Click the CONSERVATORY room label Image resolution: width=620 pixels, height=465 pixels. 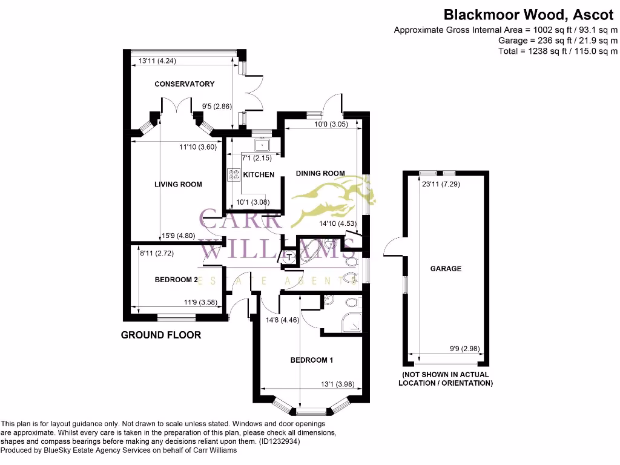(184, 84)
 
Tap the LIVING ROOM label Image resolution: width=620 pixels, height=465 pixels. (178, 184)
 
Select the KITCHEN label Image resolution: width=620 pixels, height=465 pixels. (259, 175)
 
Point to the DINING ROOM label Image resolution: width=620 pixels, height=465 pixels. (320, 173)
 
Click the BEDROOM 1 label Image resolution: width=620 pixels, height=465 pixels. (312, 360)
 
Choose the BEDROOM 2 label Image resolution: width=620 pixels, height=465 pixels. (176, 280)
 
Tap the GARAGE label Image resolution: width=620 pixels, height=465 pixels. (446, 268)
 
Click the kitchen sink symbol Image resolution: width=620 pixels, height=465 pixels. (262, 145)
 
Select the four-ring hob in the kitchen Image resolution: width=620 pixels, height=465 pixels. (234, 175)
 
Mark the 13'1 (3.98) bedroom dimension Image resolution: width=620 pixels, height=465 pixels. (337, 383)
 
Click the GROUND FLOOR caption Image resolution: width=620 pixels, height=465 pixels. (161, 335)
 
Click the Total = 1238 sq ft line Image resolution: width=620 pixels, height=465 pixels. (558, 51)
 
